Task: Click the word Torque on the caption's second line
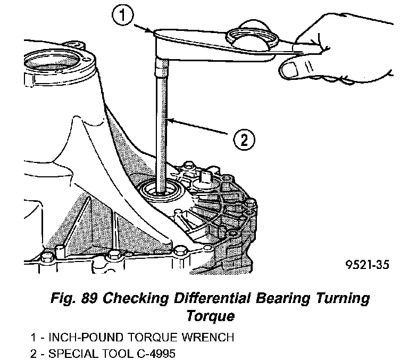[210, 316]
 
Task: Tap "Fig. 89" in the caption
[69, 298]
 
